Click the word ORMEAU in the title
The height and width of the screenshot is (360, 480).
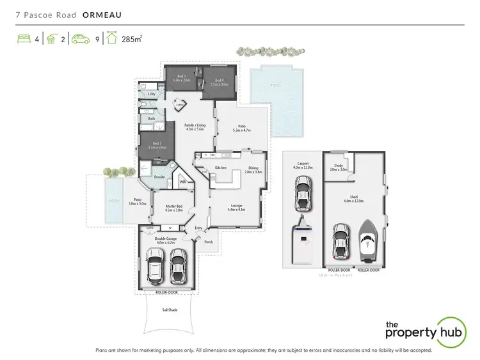click(x=103, y=13)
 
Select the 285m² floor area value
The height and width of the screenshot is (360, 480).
click(x=132, y=39)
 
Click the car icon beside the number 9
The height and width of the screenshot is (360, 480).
click(x=81, y=39)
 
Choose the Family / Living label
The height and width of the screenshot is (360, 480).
click(x=194, y=126)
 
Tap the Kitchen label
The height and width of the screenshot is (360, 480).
click(x=221, y=168)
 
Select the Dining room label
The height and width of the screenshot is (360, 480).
click(x=254, y=169)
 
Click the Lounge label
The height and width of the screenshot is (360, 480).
click(x=237, y=207)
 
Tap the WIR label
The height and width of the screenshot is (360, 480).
click(x=182, y=182)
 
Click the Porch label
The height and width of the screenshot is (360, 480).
click(x=208, y=242)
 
